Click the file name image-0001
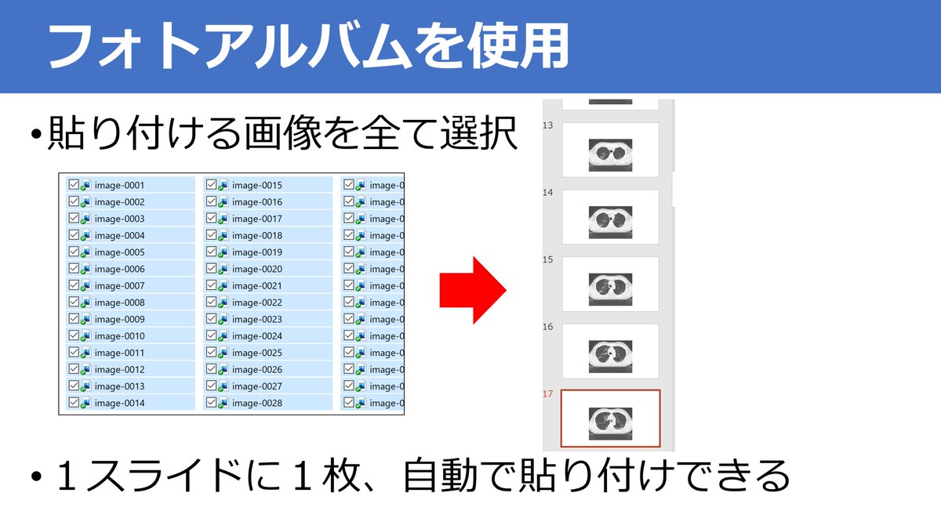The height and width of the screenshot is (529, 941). click(x=119, y=186)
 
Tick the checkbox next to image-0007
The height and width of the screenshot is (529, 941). click(x=74, y=285)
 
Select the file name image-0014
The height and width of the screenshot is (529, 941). click(x=119, y=403)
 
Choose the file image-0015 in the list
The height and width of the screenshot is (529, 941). click(x=256, y=186)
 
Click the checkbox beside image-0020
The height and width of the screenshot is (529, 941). click(x=211, y=269)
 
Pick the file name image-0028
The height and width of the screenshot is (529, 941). click(x=256, y=403)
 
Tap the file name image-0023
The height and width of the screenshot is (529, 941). click(x=256, y=319)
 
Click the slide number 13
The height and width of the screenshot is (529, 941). click(x=548, y=125)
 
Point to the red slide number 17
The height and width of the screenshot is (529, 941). click(x=548, y=394)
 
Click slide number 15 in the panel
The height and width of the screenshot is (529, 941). click(x=548, y=259)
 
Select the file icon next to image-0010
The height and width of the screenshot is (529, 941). click(x=85, y=336)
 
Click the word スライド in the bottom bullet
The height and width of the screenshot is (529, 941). click(x=147, y=476)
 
